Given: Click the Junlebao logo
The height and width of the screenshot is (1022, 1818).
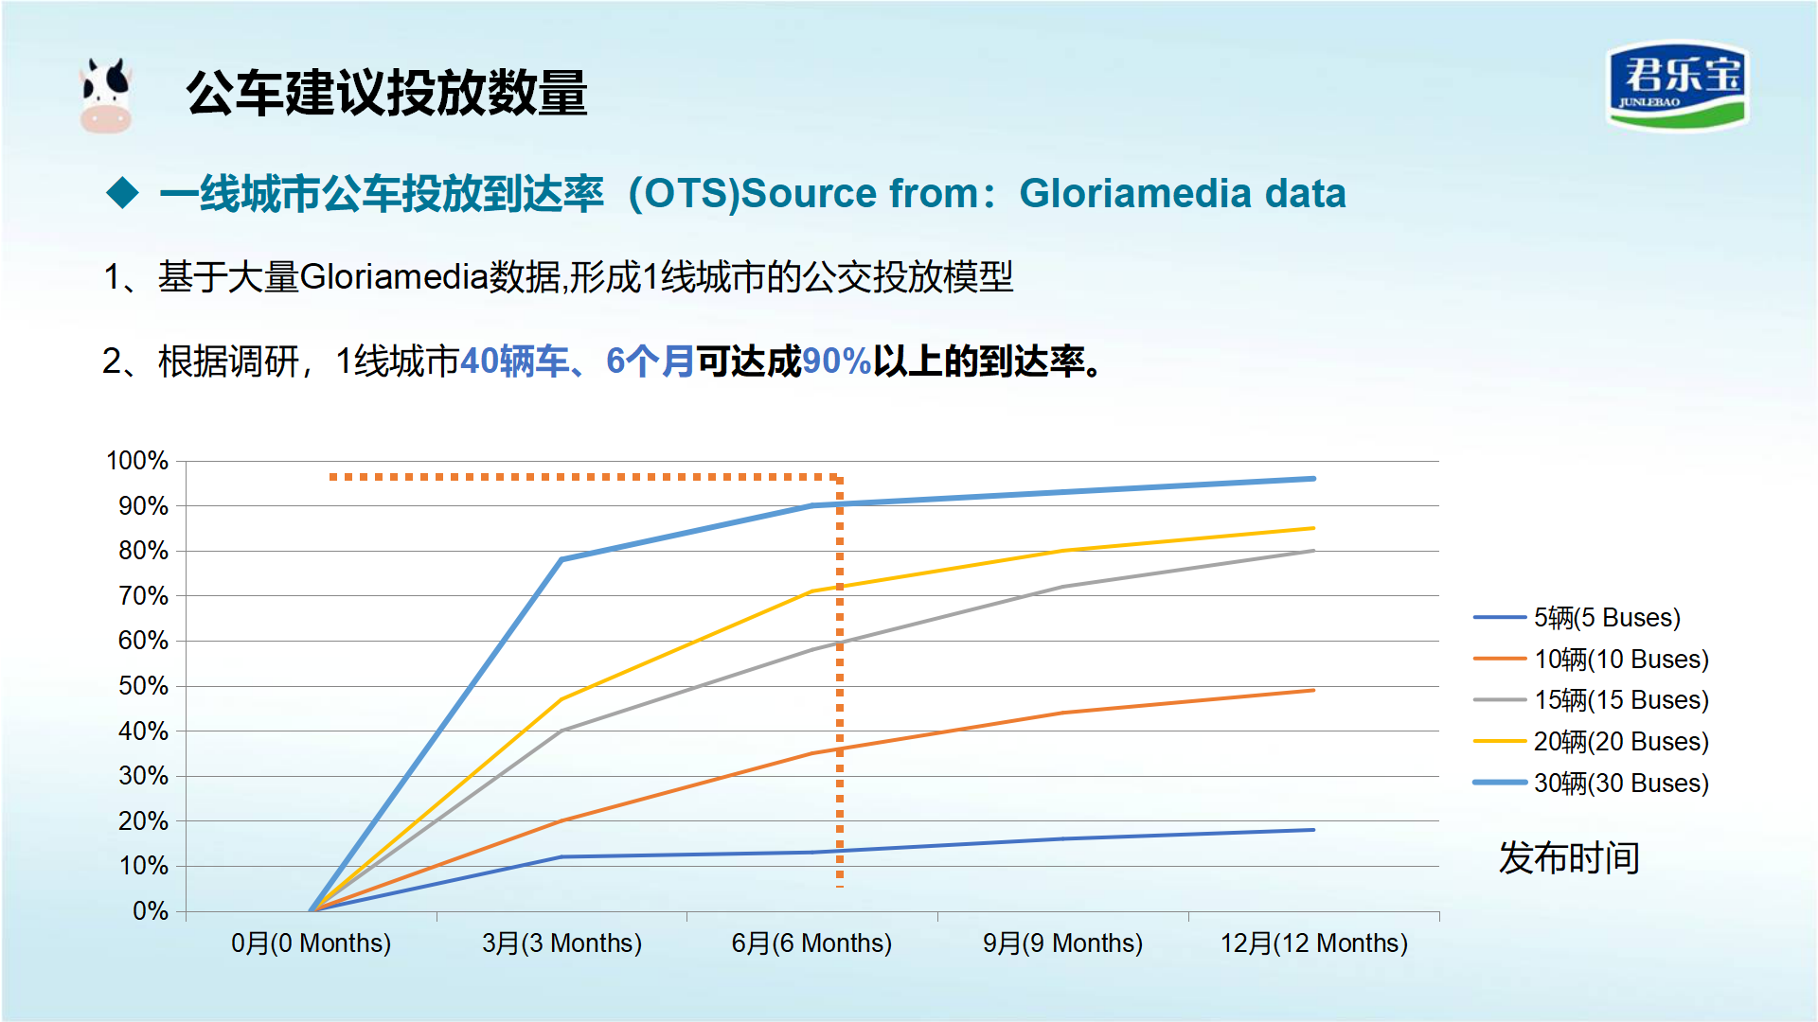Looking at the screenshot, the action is (1677, 86).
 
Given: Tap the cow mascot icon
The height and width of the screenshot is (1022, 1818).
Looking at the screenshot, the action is (105, 95).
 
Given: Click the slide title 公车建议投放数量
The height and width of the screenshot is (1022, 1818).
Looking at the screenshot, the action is (386, 93).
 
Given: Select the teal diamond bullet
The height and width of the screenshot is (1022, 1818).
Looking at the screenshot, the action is (123, 193).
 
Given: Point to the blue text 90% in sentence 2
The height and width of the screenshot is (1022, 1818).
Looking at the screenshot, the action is (836, 361).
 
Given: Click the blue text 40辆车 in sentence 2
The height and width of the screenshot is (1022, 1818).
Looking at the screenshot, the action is (514, 361).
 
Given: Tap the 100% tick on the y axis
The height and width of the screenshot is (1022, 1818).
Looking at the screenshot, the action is (137, 461).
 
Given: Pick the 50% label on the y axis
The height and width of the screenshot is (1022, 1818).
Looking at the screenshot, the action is (143, 686).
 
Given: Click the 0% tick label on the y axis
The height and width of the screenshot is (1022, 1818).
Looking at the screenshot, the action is (151, 911).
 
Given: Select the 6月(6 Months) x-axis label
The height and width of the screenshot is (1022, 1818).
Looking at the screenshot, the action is (811, 943).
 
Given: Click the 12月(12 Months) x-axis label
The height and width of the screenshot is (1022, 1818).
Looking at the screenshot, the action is (1313, 943).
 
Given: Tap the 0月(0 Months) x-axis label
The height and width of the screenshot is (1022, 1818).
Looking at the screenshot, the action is (311, 943).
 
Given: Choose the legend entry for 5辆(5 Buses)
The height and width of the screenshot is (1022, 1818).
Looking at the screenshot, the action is (1577, 618).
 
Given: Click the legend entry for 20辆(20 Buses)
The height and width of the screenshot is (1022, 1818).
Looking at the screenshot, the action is (1592, 742).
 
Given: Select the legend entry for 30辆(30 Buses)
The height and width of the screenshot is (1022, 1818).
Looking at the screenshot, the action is (1592, 784).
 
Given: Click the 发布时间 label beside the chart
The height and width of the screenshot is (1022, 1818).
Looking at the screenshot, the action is (1569, 858).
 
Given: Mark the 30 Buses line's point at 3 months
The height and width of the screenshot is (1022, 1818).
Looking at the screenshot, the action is (561, 559).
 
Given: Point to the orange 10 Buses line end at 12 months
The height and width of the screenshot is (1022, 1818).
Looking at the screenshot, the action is (1313, 691).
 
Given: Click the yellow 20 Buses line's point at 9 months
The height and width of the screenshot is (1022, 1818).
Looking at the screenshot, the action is (1063, 551).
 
